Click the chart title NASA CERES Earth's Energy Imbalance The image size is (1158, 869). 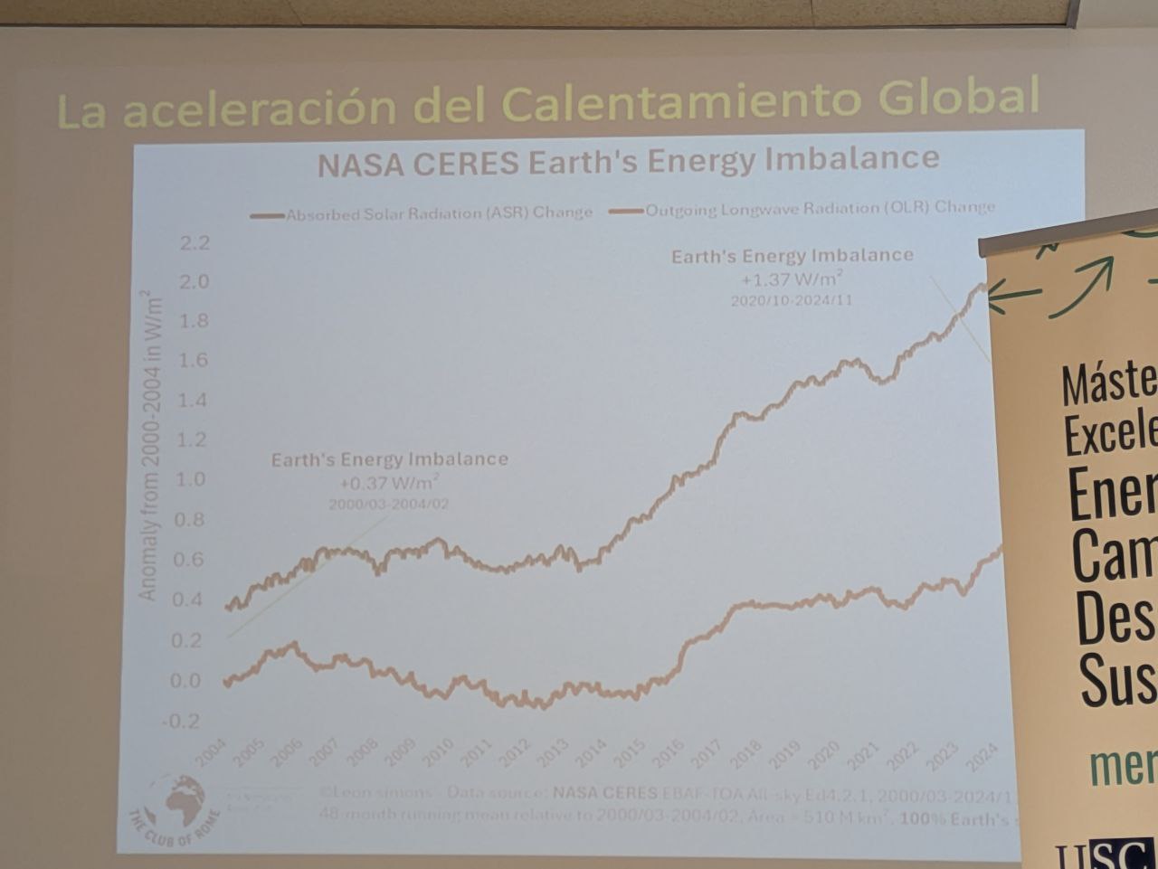[x=628, y=162]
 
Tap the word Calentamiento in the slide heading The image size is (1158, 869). [x=679, y=103]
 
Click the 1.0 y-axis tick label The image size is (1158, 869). [x=191, y=479]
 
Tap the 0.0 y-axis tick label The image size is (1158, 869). [x=186, y=680]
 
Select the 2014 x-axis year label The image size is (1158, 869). [x=591, y=754]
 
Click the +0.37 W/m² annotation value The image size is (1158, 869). [x=390, y=483]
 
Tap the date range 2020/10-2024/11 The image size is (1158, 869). [x=792, y=300]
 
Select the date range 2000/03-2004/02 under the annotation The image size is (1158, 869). [x=388, y=504]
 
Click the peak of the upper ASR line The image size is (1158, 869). [x=982, y=286]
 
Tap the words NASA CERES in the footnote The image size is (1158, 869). [x=605, y=793]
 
